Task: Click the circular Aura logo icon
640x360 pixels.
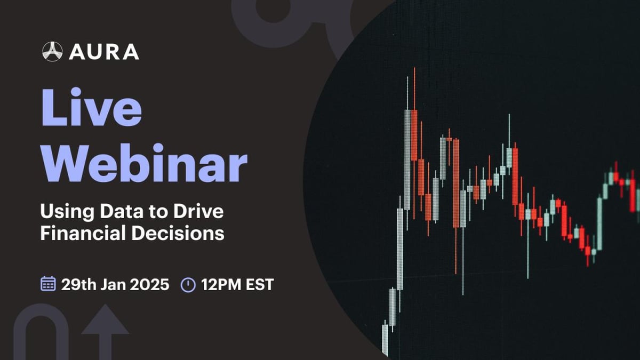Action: coord(52,52)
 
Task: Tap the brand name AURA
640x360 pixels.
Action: coord(104,52)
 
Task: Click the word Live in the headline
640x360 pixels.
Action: coord(92,107)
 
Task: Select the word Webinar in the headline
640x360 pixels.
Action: coord(145,163)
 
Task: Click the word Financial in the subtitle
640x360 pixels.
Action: coord(83,233)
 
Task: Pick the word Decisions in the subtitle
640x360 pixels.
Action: coord(178,233)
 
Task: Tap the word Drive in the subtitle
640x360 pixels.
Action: coord(198,211)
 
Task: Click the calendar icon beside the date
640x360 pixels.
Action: coord(48,284)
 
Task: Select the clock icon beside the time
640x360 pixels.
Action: coord(188,285)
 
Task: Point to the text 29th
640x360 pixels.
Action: coord(78,285)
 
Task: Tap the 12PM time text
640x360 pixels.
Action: coord(220,285)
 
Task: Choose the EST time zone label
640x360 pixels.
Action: coord(258,285)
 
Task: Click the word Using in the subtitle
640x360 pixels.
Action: coord(67,212)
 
